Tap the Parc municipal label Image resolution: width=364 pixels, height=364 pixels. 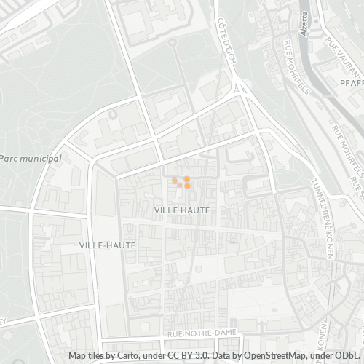pyautogui.click(x=31, y=158)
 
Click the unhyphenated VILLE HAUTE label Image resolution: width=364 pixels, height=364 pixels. pyautogui.click(x=183, y=210)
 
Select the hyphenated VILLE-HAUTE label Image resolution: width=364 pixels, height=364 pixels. pyautogui.click(x=107, y=245)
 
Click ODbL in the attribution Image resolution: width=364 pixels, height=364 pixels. pyautogui.click(x=346, y=356)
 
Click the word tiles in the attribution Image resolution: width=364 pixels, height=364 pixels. pyautogui.click(x=99, y=356)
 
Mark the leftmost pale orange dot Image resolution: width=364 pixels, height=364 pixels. pyautogui.click(x=175, y=181)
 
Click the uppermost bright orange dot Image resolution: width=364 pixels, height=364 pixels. pyautogui.click(x=187, y=179)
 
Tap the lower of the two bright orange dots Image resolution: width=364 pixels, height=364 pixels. pyautogui.click(x=188, y=186)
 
